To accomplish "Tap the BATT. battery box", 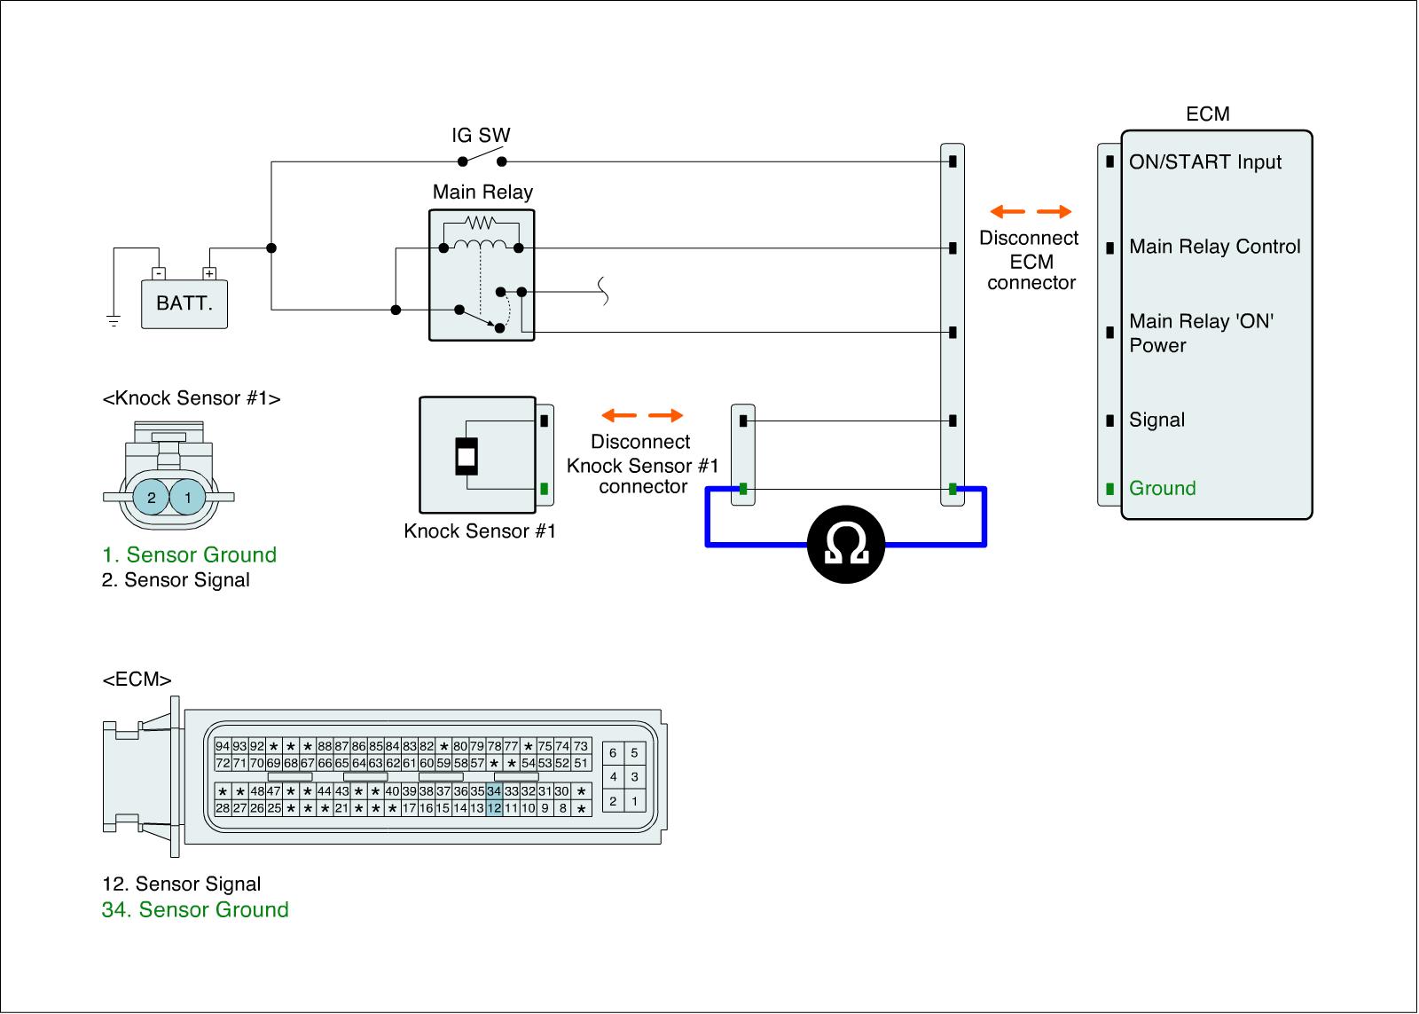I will pos(184,303).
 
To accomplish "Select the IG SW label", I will pos(481,136).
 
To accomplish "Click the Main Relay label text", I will pos(482,193).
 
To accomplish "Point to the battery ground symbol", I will pos(114,320).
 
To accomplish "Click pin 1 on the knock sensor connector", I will pos(188,498).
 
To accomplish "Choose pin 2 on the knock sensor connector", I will pos(152,498).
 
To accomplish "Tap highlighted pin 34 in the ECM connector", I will pos(494,791).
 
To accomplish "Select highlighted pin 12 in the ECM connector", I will pos(494,808).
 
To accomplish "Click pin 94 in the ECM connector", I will pos(223,746).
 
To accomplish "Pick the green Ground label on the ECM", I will pos(1162,489).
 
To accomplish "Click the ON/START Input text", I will pos(1204,162).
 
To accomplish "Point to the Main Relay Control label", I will pos(1214,248).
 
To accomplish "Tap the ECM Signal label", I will pos(1156,421).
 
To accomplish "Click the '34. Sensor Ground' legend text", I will pos(195,910).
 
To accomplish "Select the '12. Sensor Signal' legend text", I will pos(181,884).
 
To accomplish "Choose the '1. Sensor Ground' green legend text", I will pos(189,555).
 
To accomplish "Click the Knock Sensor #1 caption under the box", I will pos(479,531).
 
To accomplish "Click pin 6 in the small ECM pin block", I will pos(613,753).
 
